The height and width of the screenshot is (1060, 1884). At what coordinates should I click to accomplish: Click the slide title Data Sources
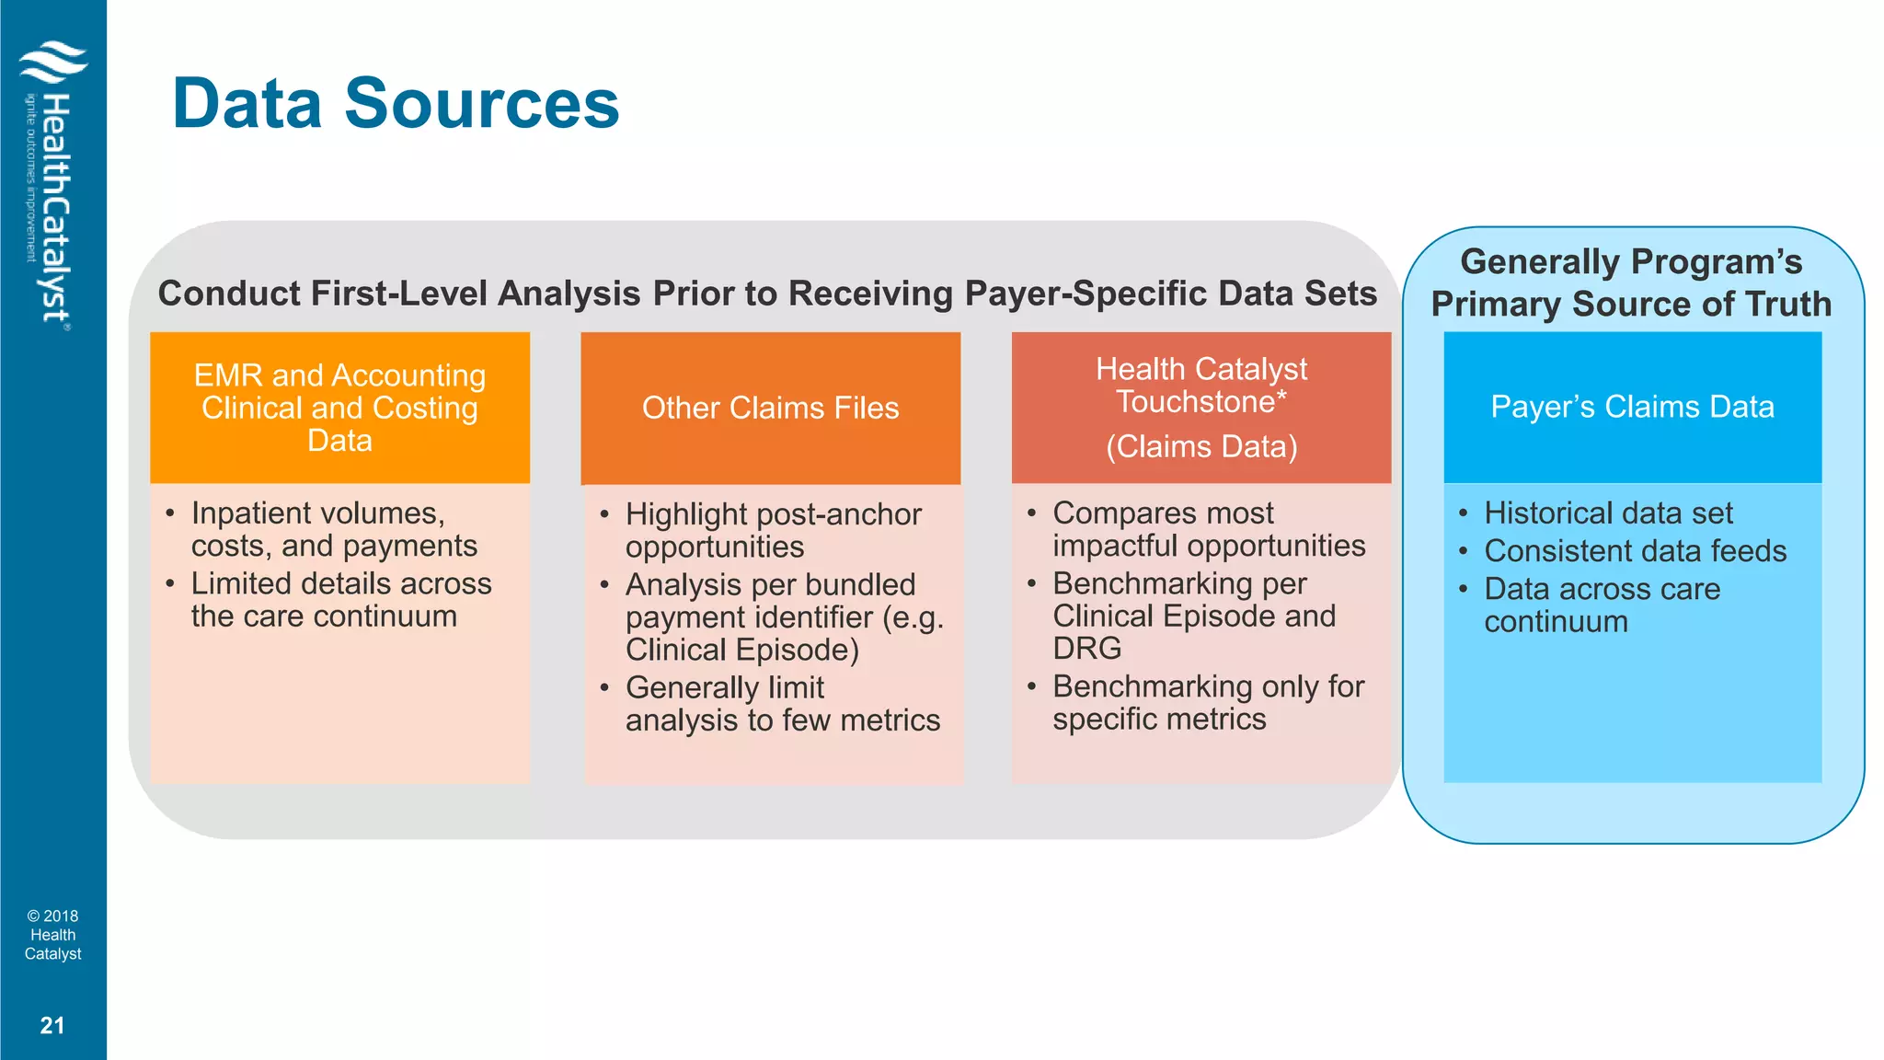click(x=396, y=103)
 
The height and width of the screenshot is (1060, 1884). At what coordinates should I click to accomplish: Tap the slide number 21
click(x=52, y=1025)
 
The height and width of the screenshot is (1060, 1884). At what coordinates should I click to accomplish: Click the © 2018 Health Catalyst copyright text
click(x=52, y=935)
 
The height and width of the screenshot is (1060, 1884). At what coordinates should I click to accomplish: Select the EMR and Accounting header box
click(x=339, y=408)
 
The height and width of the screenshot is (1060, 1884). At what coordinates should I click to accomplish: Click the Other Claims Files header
click(x=770, y=408)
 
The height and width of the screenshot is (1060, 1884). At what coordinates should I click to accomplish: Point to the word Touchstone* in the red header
click(x=1200, y=402)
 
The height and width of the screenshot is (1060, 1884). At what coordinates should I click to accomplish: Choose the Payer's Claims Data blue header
click(x=1632, y=407)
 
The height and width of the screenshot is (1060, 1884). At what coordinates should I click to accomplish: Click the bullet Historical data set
click(x=1608, y=513)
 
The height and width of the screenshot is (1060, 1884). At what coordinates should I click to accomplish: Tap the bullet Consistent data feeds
click(x=1635, y=551)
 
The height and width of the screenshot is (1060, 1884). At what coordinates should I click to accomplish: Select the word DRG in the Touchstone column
click(x=1086, y=649)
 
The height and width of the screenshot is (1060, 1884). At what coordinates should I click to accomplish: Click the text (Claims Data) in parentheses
click(x=1201, y=447)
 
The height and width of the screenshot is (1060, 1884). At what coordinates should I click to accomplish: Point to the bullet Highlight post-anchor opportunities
click(x=773, y=530)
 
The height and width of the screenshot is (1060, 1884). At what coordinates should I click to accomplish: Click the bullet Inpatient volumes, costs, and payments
click(x=333, y=529)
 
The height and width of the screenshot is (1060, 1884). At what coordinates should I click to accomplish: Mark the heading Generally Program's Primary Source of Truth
click(x=1631, y=282)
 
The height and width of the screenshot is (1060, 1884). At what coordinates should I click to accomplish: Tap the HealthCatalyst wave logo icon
click(x=53, y=63)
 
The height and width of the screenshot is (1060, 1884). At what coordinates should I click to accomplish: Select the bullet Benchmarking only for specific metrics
click(x=1207, y=702)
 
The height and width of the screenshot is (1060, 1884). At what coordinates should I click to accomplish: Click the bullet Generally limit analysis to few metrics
click(x=782, y=704)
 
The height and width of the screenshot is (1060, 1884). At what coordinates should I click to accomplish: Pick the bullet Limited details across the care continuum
click(x=340, y=600)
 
